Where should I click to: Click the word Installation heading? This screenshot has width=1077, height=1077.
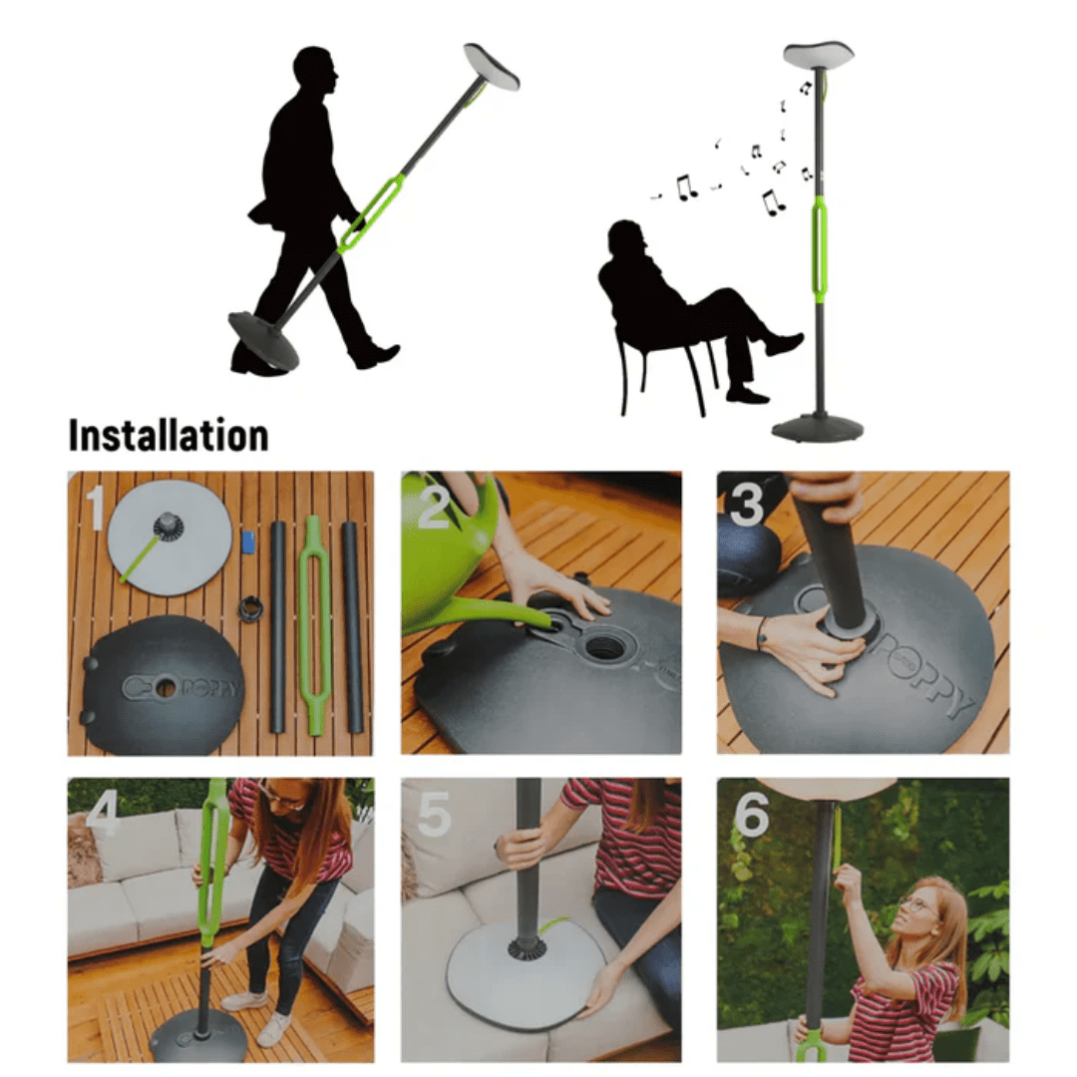(168, 436)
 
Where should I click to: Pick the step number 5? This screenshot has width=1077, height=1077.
(434, 815)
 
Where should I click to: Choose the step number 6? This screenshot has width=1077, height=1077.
(751, 816)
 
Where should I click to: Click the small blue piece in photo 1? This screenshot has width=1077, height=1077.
(248, 542)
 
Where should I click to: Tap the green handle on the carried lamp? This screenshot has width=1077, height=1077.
(371, 213)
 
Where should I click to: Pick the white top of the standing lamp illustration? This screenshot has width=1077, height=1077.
(818, 54)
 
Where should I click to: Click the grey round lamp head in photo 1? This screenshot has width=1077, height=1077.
(170, 538)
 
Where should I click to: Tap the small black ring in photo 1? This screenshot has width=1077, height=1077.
(250, 607)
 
